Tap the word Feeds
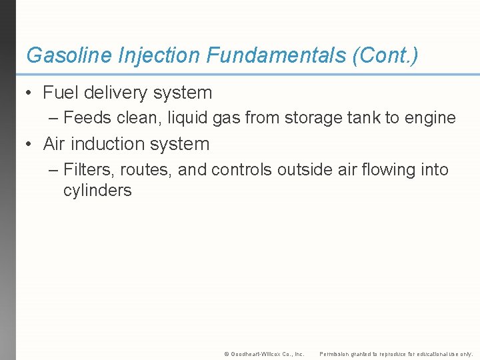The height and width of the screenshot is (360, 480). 86,119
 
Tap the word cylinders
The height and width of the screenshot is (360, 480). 97,191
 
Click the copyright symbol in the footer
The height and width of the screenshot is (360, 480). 227,354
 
